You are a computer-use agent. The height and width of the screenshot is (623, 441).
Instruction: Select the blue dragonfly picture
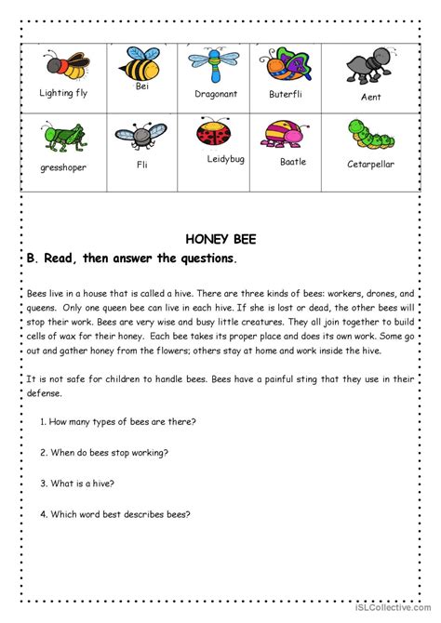pos(214,63)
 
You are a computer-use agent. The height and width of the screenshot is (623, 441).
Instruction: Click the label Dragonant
pos(216,95)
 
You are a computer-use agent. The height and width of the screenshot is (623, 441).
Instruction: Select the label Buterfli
pos(287,94)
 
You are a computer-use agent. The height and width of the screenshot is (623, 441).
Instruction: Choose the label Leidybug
pos(225,159)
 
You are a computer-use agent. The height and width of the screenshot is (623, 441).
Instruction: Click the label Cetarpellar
pos(369,164)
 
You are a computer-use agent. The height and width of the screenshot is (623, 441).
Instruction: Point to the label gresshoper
pos(63,170)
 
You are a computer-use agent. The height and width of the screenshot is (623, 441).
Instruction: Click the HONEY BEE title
pos(220,239)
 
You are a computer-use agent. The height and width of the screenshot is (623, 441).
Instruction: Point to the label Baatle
pos(292,161)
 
